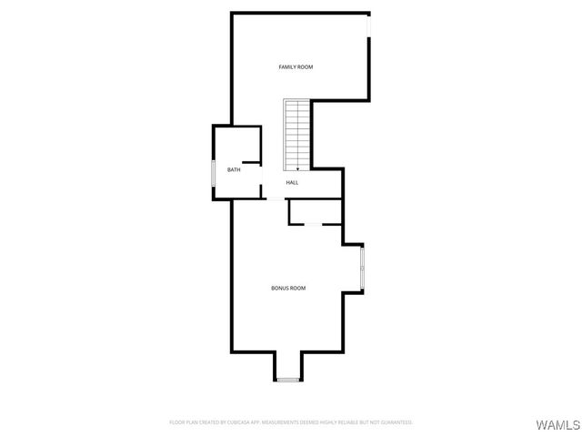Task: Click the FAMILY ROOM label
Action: [x=296, y=66]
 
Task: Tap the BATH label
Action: [x=234, y=170]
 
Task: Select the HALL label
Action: [x=292, y=183]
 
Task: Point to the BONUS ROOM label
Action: [x=288, y=288]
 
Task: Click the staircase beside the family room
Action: [x=297, y=133]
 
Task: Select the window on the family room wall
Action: [x=369, y=27]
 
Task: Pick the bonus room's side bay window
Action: [x=362, y=269]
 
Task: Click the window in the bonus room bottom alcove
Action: [x=288, y=379]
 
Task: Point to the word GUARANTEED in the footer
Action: [x=396, y=422]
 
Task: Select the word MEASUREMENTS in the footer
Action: [x=306, y=422]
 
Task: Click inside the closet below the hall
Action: [x=314, y=211]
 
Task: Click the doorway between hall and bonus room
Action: [x=273, y=198]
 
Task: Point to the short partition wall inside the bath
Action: [x=252, y=163]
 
